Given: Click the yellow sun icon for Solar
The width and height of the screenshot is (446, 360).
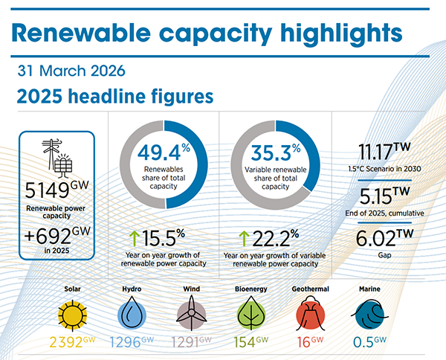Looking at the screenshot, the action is click(x=72, y=315).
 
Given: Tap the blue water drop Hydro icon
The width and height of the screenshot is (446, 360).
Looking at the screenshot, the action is click(x=132, y=312).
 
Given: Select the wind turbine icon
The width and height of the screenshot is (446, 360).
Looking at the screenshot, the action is click(x=192, y=312).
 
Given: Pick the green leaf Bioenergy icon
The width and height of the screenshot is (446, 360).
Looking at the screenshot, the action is click(x=251, y=313).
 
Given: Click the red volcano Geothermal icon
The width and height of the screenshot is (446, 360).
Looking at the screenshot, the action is click(x=310, y=313).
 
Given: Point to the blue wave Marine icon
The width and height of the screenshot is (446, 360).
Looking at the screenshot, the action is click(x=369, y=315).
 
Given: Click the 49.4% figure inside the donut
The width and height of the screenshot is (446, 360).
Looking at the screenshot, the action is click(x=164, y=152).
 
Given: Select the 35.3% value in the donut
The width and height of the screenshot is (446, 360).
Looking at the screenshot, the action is click(x=275, y=152).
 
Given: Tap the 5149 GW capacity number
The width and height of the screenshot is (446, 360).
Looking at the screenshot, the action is click(x=56, y=189).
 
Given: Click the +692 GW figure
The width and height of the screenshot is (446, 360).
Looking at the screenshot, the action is click(x=57, y=235).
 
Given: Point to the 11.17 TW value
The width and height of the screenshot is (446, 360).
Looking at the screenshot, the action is click(x=384, y=151).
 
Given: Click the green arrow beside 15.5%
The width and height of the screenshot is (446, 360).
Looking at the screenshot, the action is click(x=135, y=239).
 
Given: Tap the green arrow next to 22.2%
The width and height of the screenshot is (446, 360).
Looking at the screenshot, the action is click(x=244, y=239).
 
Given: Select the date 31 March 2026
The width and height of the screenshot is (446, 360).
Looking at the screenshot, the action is click(x=71, y=71).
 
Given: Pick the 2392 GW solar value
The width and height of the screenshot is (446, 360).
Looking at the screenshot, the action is click(x=72, y=342).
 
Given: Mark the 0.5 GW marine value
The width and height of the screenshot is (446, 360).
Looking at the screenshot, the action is click(x=369, y=342).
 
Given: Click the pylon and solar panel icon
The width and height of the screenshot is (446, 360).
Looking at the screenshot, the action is click(x=57, y=156).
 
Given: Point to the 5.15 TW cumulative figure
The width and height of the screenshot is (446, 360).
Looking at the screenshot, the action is click(x=384, y=196).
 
